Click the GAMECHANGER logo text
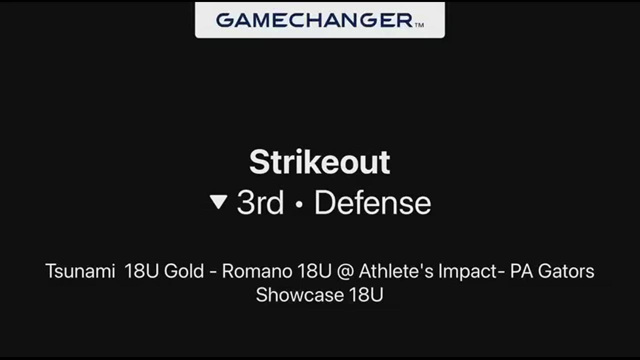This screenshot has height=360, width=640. pos(314,20)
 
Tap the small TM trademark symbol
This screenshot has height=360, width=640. pos(419,25)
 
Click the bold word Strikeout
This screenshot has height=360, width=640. pos(319,162)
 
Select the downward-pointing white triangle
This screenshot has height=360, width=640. pos(218,201)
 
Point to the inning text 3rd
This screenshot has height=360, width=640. pos(260,202)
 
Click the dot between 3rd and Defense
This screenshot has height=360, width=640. pos(299,204)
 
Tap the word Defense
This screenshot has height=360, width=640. pos(373,202)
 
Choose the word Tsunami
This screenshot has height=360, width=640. pos(80,271)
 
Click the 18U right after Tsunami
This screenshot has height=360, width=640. pos(141,271)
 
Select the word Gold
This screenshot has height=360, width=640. pos(184,271)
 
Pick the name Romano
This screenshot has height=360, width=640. pos(257,271)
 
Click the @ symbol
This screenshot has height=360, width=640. pos(345,271)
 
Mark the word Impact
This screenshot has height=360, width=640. pos(467,271)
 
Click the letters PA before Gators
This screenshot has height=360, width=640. pos(521,271)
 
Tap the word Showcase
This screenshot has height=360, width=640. pos(299,294)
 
